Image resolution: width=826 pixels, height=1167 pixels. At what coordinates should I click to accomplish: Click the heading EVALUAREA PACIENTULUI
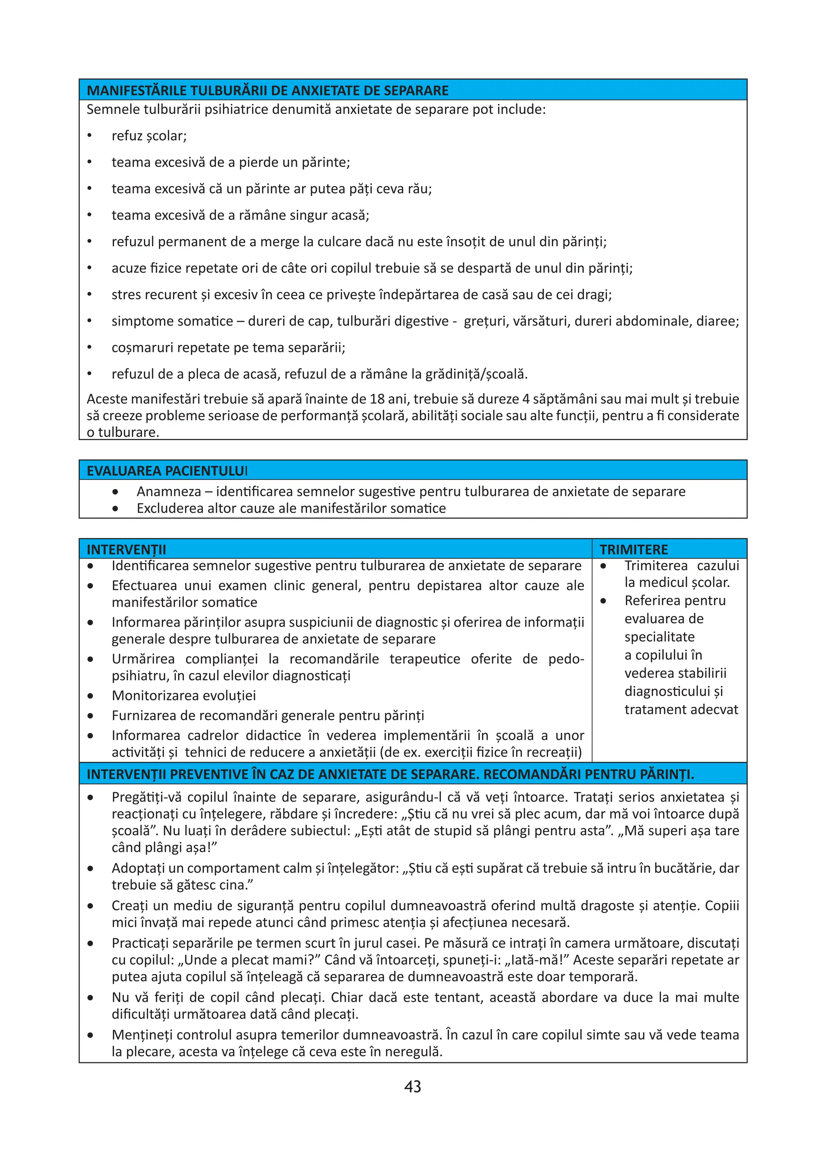(167, 471)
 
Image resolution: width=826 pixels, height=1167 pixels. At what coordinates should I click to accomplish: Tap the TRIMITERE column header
(633, 549)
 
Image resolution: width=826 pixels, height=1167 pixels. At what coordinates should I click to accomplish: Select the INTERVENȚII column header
(126, 549)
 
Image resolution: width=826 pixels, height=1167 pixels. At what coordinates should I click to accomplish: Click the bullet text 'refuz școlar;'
(149, 136)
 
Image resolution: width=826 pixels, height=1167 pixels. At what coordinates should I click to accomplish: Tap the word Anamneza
(168, 492)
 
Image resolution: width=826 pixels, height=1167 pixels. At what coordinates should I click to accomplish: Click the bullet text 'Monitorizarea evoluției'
(184, 695)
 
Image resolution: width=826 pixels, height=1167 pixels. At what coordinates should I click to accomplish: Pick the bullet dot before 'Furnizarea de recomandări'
(90, 716)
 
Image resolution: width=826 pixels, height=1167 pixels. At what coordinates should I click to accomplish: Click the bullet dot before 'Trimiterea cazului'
(603, 566)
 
